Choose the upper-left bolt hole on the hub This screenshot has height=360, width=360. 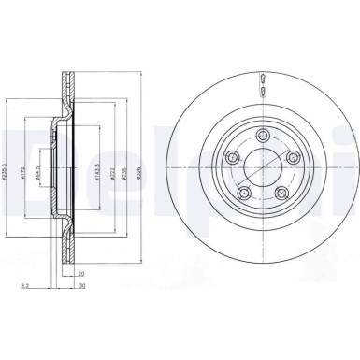click(234, 157)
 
